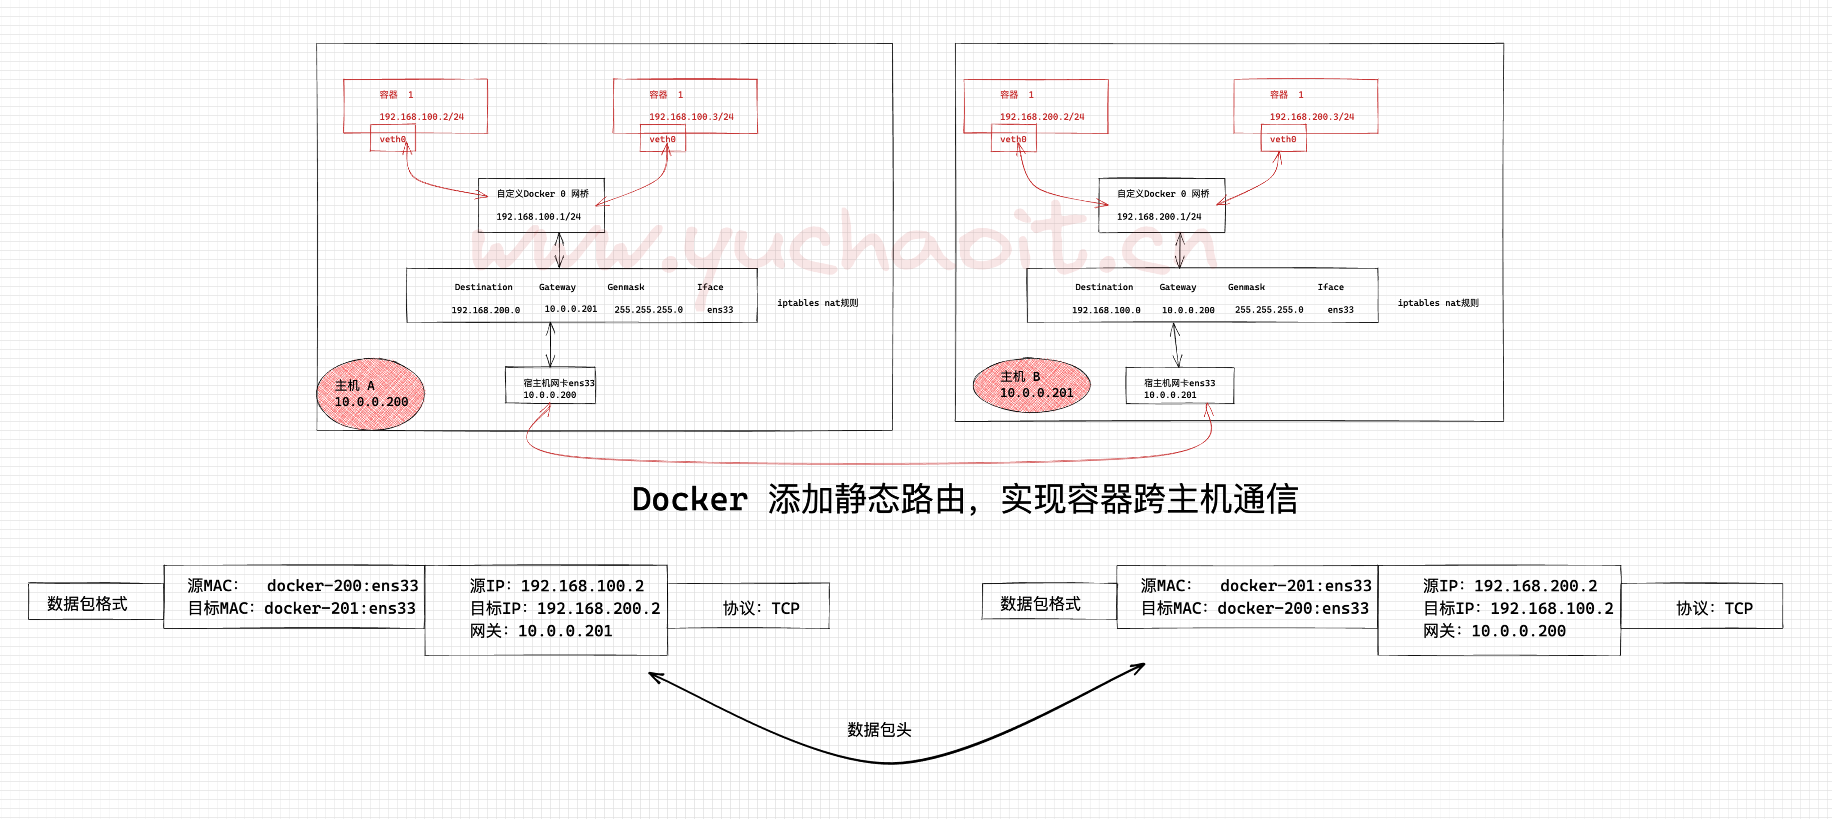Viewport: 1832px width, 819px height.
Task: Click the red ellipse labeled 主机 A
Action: click(371, 393)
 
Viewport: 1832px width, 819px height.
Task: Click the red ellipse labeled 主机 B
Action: click(1031, 385)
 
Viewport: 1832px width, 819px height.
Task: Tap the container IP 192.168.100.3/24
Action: click(691, 117)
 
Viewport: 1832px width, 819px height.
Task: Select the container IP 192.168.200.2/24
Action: click(1042, 117)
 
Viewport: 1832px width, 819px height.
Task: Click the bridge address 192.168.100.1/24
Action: click(538, 216)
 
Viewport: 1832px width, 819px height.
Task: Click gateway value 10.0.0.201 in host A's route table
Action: click(570, 309)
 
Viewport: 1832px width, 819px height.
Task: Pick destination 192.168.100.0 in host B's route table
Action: click(1106, 310)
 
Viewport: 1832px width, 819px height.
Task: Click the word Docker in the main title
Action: click(689, 499)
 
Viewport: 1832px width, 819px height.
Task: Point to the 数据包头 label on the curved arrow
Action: click(879, 729)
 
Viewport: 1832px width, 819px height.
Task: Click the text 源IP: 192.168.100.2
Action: click(557, 585)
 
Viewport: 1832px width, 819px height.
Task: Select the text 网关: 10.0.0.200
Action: click(1494, 631)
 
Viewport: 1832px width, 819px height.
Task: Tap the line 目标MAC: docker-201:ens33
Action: click(302, 608)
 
